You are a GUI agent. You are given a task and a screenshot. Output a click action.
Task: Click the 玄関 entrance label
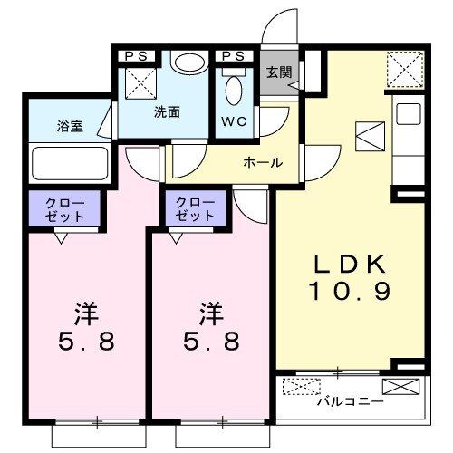[279, 72]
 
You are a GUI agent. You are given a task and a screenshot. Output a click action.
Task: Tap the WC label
[234, 121]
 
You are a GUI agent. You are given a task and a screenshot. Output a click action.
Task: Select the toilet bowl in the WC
[234, 91]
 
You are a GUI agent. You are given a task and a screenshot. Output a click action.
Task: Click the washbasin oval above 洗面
[188, 63]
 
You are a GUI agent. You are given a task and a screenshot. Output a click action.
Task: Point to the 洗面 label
[167, 112]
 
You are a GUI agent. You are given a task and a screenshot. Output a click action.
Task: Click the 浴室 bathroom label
[70, 126]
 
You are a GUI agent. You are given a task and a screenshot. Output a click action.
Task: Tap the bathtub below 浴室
[70, 163]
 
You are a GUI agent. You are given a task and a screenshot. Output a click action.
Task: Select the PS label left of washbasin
[136, 56]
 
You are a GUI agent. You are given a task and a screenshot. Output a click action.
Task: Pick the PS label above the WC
[233, 56]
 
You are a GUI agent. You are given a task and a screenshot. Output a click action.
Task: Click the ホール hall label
[263, 163]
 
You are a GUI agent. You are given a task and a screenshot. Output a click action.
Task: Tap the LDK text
[351, 264]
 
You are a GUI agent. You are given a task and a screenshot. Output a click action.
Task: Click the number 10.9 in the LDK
[350, 291]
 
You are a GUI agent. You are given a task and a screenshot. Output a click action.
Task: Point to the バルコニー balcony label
[350, 401]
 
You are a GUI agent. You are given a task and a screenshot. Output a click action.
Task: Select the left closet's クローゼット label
[64, 209]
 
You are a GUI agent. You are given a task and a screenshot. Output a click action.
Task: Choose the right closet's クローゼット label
[195, 208]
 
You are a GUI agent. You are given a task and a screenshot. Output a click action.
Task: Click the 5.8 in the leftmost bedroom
[87, 341]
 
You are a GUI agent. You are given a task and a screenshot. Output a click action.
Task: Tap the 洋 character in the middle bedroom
[211, 313]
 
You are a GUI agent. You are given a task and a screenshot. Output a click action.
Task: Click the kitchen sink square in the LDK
[409, 114]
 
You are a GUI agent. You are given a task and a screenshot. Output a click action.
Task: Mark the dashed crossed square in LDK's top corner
[405, 70]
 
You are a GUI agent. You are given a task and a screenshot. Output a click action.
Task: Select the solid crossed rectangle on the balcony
[400, 387]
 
